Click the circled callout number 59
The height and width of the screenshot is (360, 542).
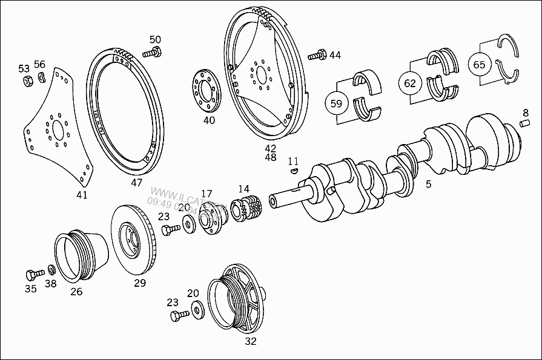click(337, 103)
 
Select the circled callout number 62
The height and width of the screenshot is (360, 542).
click(410, 83)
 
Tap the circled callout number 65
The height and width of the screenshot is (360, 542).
click(479, 65)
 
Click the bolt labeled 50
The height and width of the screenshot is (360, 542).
click(151, 53)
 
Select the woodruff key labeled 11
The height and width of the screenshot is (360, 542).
click(294, 171)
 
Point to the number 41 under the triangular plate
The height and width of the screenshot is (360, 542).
click(82, 195)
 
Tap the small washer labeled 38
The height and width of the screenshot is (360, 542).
click(51, 269)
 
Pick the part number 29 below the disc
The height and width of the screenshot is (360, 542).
click(140, 283)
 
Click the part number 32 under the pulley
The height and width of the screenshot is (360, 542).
click(251, 341)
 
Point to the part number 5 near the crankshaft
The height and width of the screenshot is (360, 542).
click(428, 185)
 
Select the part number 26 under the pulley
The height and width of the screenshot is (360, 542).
click(76, 291)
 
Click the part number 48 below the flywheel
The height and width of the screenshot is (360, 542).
click(270, 157)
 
